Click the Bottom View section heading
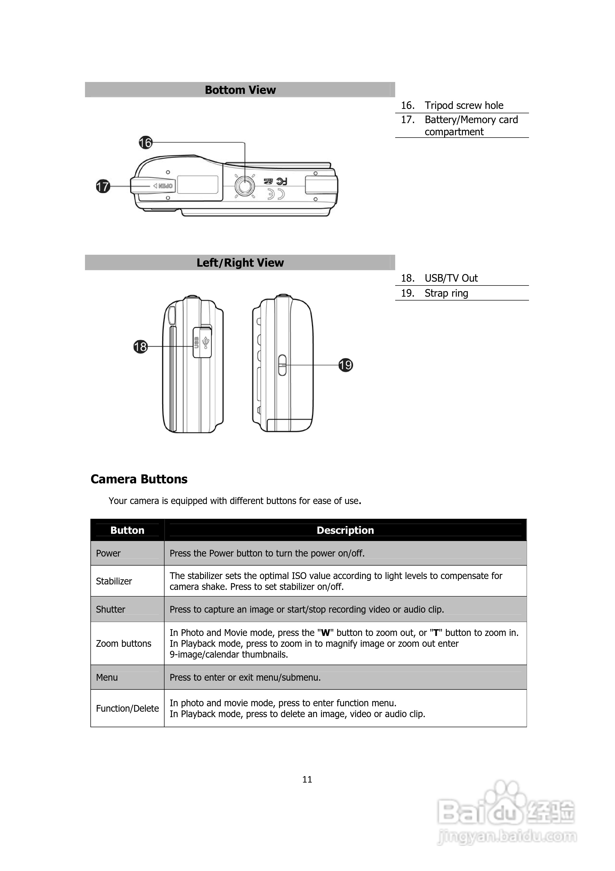click(240, 90)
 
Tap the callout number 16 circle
click(145, 143)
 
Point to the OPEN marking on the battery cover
click(164, 186)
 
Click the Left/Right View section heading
click(240, 262)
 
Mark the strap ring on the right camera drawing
click(282, 365)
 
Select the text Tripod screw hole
click(464, 106)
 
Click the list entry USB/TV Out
click(451, 278)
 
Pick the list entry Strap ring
click(446, 293)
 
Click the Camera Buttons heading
click(139, 479)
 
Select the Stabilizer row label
click(114, 581)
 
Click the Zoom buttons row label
click(123, 643)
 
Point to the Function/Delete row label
click(127, 708)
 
